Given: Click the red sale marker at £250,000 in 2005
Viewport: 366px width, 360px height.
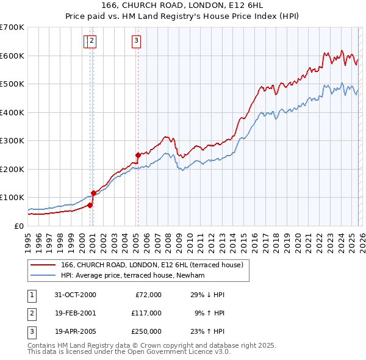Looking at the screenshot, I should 138,154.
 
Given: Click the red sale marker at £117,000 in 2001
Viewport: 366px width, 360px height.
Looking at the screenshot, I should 93,193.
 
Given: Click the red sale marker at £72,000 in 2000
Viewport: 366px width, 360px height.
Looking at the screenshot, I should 90,205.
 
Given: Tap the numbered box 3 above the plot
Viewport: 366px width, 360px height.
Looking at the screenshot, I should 135,41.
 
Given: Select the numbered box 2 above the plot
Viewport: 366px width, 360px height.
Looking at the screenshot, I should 91,41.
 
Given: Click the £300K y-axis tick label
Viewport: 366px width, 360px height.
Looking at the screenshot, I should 13,140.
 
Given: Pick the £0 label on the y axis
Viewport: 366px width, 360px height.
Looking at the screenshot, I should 18,226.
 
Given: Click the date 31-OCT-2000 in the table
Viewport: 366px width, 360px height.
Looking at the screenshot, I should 75,295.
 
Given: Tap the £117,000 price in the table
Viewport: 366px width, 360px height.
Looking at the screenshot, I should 146,313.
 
